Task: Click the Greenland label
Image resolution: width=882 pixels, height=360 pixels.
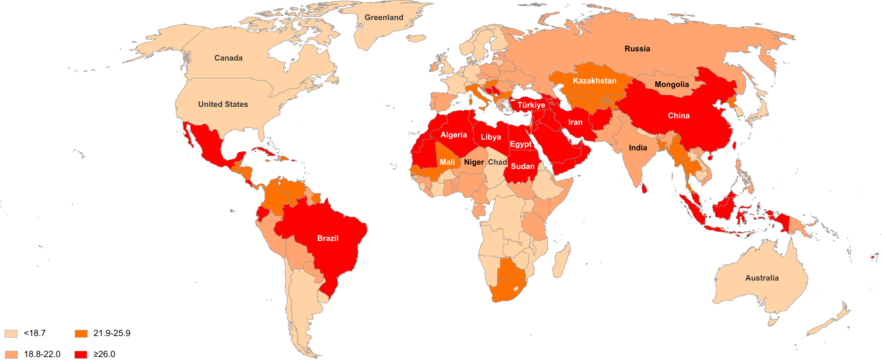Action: click(x=384, y=17)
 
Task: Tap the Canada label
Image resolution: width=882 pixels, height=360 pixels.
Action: click(x=228, y=58)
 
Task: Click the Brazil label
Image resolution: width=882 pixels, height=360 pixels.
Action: click(x=328, y=238)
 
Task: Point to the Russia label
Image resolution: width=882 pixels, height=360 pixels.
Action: click(x=637, y=49)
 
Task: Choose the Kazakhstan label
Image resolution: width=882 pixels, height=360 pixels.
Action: click(x=594, y=81)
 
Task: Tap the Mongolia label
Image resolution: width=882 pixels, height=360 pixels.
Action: click(x=671, y=84)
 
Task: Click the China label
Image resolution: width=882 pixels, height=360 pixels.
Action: click(x=678, y=116)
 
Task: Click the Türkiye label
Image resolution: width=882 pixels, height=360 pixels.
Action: click(x=531, y=105)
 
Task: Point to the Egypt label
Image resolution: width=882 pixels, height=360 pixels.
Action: click(x=521, y=144)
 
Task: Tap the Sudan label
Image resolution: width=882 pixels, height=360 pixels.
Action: click(x=523, y=166)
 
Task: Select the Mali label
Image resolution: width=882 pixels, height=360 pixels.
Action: click(x=447, y=162)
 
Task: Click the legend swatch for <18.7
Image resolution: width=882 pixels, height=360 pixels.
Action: click(x=11, y=334)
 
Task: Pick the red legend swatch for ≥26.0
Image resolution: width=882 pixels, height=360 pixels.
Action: click(x=81, y=354)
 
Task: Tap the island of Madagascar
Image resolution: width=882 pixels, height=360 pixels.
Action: click(x=561, y=260)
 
